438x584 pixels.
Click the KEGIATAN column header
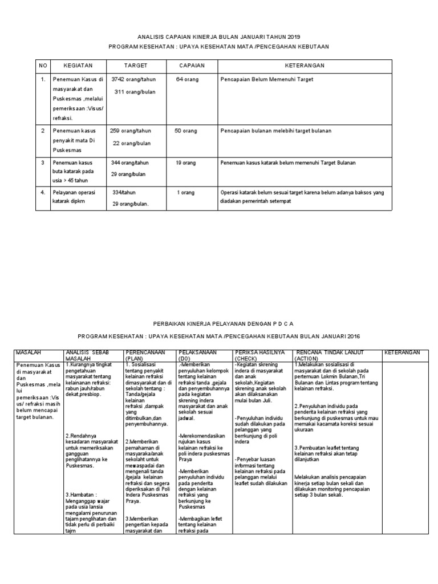[x=78, y=66]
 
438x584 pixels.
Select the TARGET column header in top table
[x=136, y=66]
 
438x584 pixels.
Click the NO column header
[x=43, y=66]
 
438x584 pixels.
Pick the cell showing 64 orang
[x=187, y=80]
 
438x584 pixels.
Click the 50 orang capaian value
[x=186, y=131]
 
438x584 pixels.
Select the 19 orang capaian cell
[x=186, y=163]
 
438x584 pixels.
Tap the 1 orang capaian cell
[x=186, y=193]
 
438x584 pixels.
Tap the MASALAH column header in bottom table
[x=30, y=353]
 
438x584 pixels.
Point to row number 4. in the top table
[x=43, y=193]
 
